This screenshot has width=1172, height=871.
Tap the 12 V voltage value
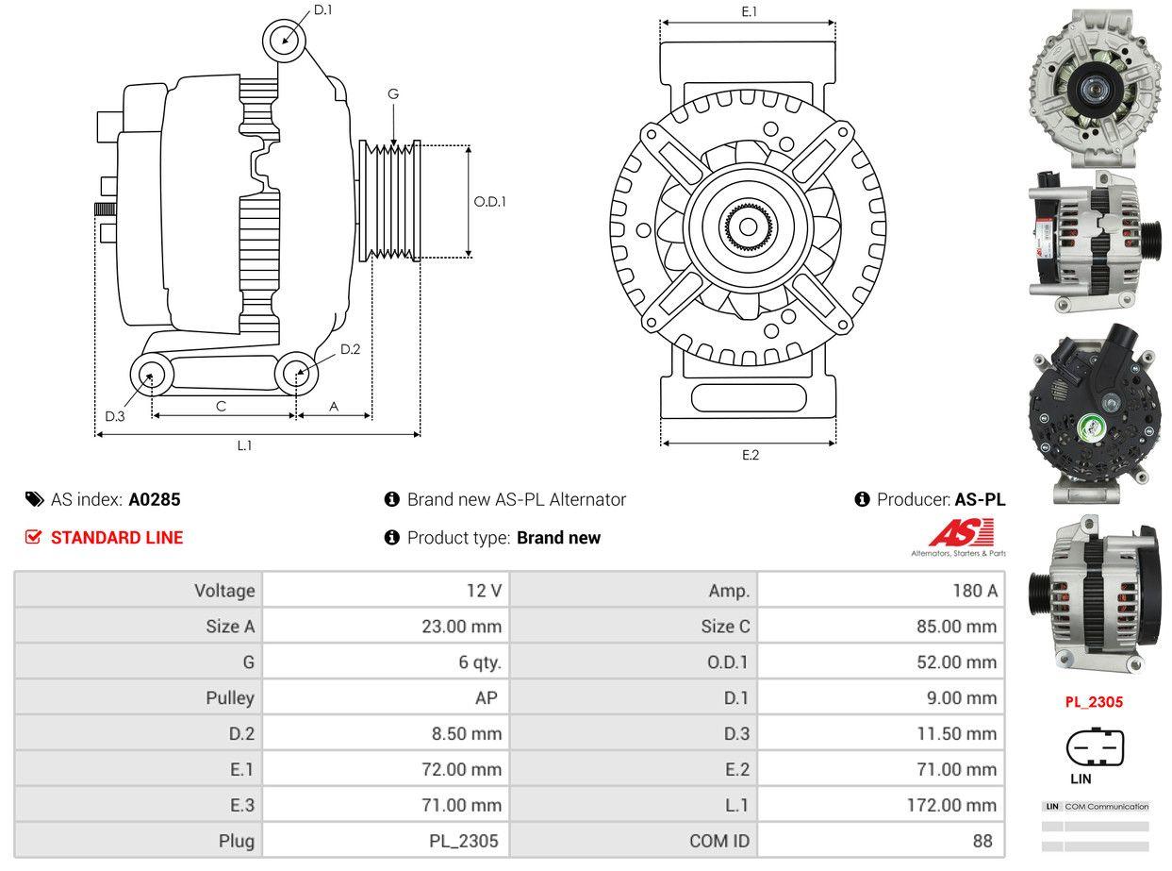pos(484,591)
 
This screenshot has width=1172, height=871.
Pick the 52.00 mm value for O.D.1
pos(956,662)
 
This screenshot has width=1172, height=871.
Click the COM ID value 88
pos(982,841)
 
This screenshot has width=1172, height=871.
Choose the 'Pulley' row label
pos(230,698)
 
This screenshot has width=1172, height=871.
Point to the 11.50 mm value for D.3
pos(956,734)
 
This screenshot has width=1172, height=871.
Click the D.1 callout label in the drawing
pos(322,9)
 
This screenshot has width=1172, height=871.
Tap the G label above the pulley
pos(393,93)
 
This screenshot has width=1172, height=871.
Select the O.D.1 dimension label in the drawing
pos(489,201)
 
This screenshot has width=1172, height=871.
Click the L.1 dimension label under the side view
pos(244,445)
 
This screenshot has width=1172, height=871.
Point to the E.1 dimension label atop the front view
pos(750,11)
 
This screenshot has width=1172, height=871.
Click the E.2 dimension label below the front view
pos(750,455)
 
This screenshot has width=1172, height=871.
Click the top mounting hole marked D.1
pos(284,41)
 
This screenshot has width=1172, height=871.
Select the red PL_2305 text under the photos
pos(1094,702)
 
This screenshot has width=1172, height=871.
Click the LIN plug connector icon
pos(1095,749)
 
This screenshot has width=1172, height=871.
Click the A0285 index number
pos(155,500)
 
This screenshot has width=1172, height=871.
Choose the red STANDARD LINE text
pos(117,538)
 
